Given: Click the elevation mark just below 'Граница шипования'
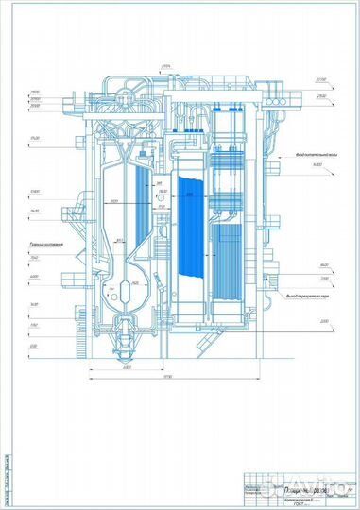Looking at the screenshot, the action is point(33,257).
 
